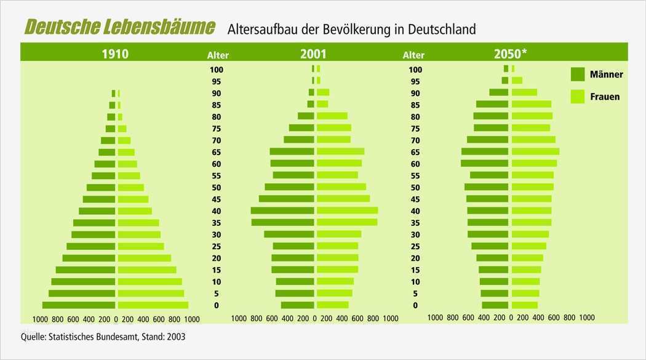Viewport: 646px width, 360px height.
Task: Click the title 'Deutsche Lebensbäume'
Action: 120,28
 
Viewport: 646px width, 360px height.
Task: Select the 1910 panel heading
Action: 115,54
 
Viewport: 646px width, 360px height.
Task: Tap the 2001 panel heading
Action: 313,54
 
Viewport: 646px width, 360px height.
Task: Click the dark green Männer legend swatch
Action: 577,74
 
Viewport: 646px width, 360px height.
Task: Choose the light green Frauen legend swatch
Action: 577,97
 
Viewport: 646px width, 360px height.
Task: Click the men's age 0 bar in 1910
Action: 78,305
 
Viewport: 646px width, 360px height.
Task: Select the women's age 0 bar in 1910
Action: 153,305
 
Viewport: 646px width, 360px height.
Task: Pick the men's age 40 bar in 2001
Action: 282,210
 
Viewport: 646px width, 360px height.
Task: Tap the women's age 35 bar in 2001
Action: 348,222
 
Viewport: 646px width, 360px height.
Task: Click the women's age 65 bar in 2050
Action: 536,151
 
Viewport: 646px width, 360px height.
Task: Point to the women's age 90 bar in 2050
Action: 525,92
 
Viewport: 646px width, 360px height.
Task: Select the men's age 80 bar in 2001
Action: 306,116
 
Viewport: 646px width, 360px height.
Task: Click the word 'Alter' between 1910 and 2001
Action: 218,55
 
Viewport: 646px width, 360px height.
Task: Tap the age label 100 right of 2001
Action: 415,70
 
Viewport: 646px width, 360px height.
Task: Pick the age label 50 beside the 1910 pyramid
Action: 217,188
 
